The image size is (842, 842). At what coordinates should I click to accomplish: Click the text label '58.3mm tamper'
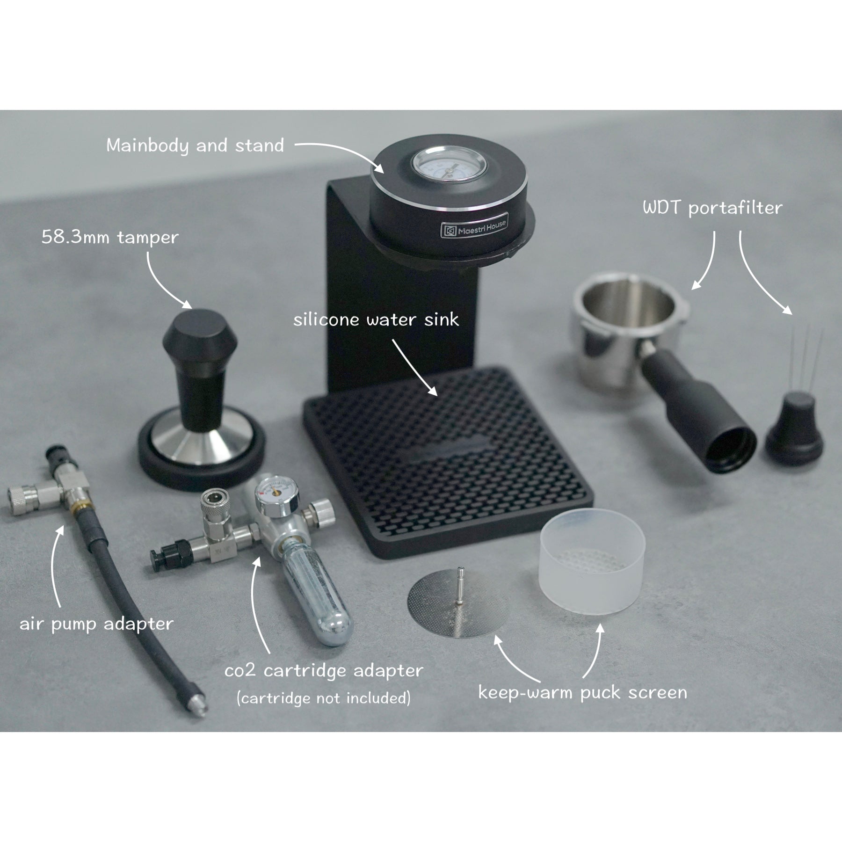tap(110, 238)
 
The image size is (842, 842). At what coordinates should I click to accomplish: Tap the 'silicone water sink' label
tap(376, 320)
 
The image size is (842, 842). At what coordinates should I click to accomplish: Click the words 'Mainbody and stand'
tap(195, 145)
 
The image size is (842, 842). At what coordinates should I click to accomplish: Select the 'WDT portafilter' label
tap(712, 208)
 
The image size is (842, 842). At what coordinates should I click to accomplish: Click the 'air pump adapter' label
tap(96, 624)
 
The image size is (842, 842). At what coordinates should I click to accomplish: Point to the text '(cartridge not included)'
tap(324, 698)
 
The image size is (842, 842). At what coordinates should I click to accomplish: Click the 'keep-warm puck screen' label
tap(582, 693)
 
